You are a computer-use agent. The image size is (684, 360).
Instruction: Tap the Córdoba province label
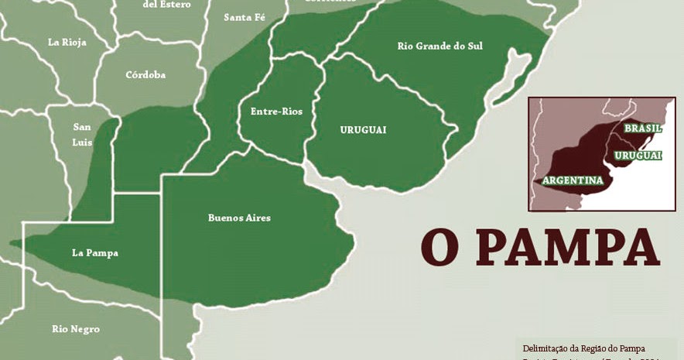(x=145, y=75)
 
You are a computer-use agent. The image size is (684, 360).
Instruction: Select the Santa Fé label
(x=243, y=17)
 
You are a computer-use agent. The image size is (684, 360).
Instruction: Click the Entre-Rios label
(x=276, y=111)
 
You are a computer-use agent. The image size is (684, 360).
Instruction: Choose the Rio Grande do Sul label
(x=439, y=46)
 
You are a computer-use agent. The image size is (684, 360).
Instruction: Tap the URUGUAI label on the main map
(x=363, y=129)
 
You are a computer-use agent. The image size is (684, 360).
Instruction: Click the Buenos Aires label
(x=239, y=218)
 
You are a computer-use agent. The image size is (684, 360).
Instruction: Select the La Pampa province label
(x=94, y=252)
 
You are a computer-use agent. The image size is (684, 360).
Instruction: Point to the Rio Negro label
(x=76, y=329)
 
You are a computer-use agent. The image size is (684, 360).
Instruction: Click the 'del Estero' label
(x=167, y=5)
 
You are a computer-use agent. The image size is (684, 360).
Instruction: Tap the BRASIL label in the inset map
(x=642, y=128)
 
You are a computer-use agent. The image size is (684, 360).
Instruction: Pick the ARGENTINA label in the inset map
(x=573, y=180)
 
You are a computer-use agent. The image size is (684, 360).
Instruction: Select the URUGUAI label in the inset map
(x=638, y=156)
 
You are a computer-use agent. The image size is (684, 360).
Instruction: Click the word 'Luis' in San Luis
(x=82, y=142)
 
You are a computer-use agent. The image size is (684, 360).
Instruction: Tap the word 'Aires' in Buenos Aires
(x=257, y=218)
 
